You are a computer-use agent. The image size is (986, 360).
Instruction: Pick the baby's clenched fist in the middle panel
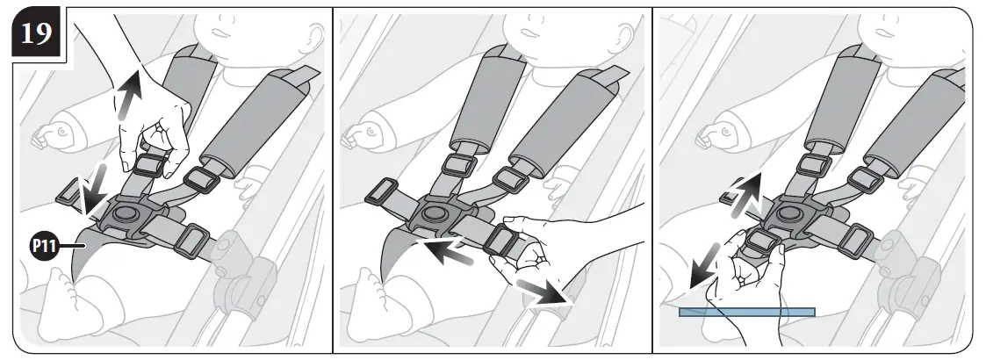coord(362,137)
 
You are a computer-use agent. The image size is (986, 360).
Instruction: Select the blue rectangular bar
coord(746,312)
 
